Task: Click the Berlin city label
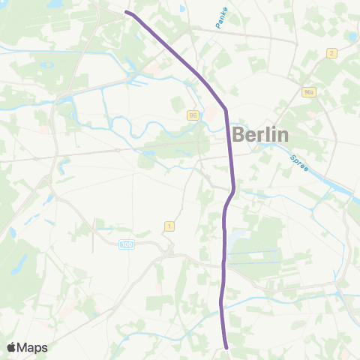(x=261, y=135)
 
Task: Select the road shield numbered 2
(x=331, y=52)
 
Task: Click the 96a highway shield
(x=309, y=92)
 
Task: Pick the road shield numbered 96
(x=193, y=115)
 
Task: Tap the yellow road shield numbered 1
(x=169, y=226)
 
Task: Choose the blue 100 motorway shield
(x=127, y=244)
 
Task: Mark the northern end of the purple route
(x=126, y=12)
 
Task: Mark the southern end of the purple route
(x=226, y=347)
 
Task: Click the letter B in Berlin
(x=239, y=135)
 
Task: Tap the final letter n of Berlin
(x=282, y=136)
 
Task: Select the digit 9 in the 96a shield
(x=306, y=92)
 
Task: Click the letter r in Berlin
(x=262, y=136)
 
